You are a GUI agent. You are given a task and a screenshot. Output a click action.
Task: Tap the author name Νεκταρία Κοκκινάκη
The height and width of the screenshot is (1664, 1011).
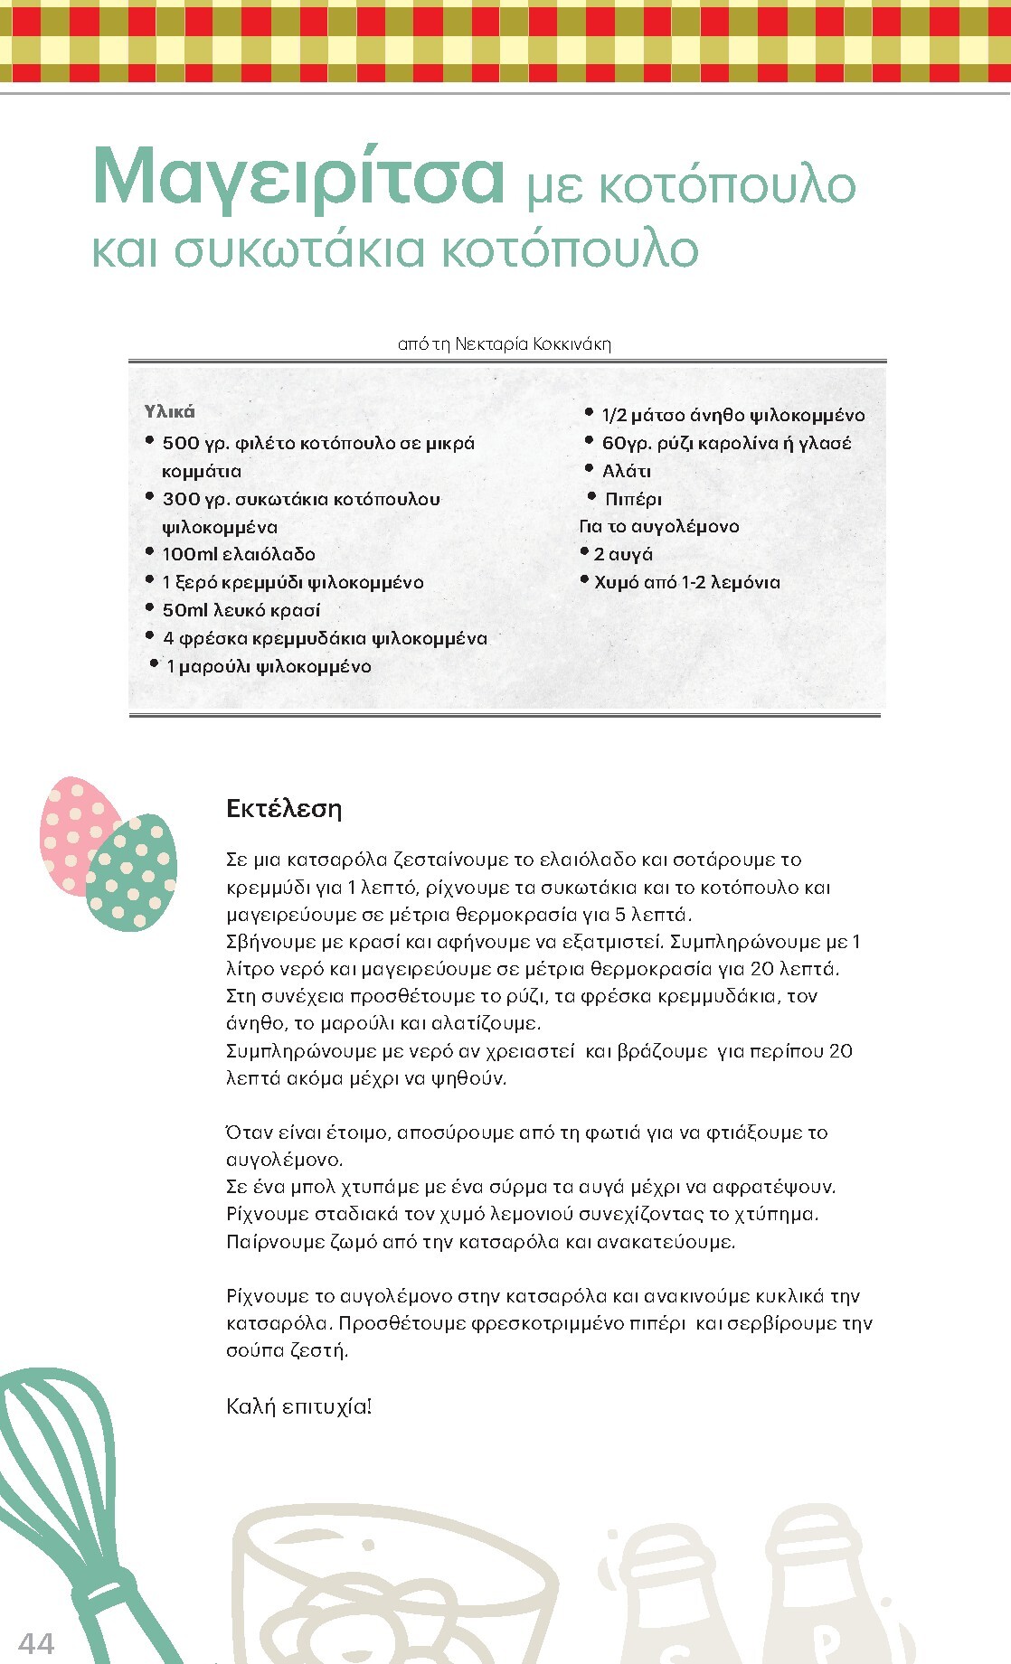point(533,344)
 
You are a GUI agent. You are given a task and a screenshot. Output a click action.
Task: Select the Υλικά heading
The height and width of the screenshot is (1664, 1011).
point(169,412)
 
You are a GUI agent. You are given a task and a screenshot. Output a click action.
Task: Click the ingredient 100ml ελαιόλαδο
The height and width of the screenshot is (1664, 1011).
point(239,554)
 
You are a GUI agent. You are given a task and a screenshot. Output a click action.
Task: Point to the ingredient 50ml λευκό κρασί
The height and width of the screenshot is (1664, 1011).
point(241,610)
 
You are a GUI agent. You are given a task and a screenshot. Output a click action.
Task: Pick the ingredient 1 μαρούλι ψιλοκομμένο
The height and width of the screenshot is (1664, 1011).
point(269,666)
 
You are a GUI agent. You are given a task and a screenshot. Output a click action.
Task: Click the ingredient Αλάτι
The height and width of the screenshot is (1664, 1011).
point(626,471)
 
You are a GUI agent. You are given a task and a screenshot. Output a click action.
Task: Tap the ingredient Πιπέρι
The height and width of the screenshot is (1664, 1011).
point(633,499)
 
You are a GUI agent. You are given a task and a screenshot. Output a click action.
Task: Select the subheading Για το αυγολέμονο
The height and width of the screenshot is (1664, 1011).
point(659,526)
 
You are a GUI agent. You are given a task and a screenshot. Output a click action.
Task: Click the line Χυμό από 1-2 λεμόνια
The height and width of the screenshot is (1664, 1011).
point(686,582)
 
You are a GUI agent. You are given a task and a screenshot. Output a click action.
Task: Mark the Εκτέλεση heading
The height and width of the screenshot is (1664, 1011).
point(284,808)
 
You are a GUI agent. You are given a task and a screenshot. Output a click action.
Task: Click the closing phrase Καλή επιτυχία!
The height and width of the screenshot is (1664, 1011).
point(298,1406)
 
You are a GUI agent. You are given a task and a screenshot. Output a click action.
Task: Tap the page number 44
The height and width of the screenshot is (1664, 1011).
point(36,1642)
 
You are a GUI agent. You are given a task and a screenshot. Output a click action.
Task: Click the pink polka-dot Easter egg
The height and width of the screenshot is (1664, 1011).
point(72,827)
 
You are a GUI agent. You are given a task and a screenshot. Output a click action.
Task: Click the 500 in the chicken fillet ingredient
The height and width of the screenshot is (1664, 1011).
point(181,443)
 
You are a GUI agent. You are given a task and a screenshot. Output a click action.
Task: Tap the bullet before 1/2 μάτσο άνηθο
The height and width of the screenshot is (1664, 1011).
point(589,413)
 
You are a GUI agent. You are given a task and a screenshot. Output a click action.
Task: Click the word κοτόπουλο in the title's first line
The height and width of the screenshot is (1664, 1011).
point(727,185)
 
